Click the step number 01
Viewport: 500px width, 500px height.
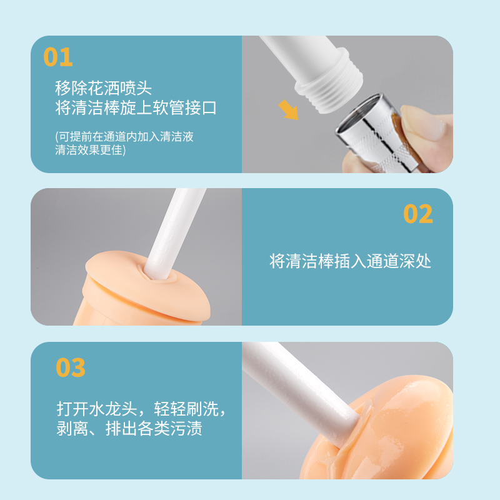[x=58, y=57]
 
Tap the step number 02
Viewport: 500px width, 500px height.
[x=418, y=214]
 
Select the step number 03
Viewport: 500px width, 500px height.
[x=71, y=367]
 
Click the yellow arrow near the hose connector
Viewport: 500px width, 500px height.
[x=289, y=110]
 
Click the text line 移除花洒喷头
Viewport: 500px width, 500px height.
[x=103, y=88]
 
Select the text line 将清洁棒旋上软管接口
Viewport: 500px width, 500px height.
[x=136, y=107]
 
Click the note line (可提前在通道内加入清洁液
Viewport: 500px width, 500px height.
[x=124, y=136]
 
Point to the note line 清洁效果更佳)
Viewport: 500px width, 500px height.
[x=90, y=149]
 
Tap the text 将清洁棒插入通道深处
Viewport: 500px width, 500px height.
[x=350, y=261]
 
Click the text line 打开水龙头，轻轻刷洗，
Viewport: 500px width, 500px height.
[x=141, y=409]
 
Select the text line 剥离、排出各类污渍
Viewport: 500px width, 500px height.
[x=129, y=428]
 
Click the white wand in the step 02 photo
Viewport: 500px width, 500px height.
[x=174, y=234]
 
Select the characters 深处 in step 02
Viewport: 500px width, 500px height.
[x=415, y=261]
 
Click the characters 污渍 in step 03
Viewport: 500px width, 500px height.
[x=186, y=428]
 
